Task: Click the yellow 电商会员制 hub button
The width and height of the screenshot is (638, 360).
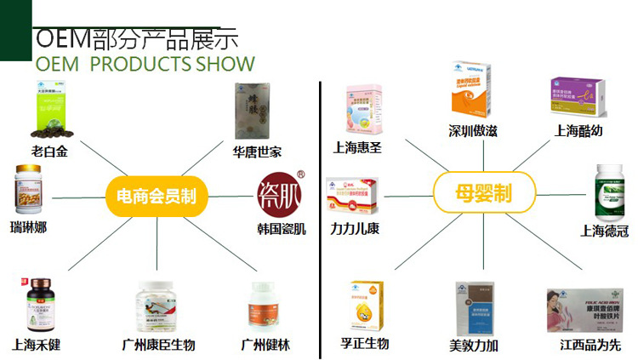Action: click(x=156, y=196)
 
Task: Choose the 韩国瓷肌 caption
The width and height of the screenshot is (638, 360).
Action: click(x=282, y=229)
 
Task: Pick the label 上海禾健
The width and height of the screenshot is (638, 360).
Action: click(x=36, y=345)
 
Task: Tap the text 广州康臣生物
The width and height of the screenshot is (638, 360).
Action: click(x=160, y=345)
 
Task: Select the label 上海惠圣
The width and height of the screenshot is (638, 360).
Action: click(x=357, y=147)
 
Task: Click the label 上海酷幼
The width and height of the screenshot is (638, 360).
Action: click(x=579, y=131)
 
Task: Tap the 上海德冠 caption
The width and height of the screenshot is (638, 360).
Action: click(x=604, y=230)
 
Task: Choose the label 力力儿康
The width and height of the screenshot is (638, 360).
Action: click(x=354, y=228)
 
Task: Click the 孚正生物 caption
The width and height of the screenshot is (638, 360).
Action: click(x=365, y=344)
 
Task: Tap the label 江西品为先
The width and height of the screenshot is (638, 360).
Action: click(x=590, y=345)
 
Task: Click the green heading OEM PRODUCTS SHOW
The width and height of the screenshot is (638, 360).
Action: click(x=145, y=64)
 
